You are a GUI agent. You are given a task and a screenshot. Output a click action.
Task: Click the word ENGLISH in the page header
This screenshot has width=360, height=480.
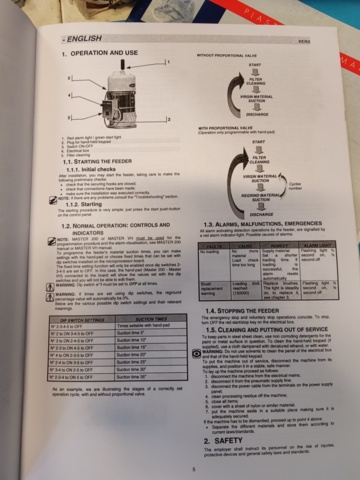80,39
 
